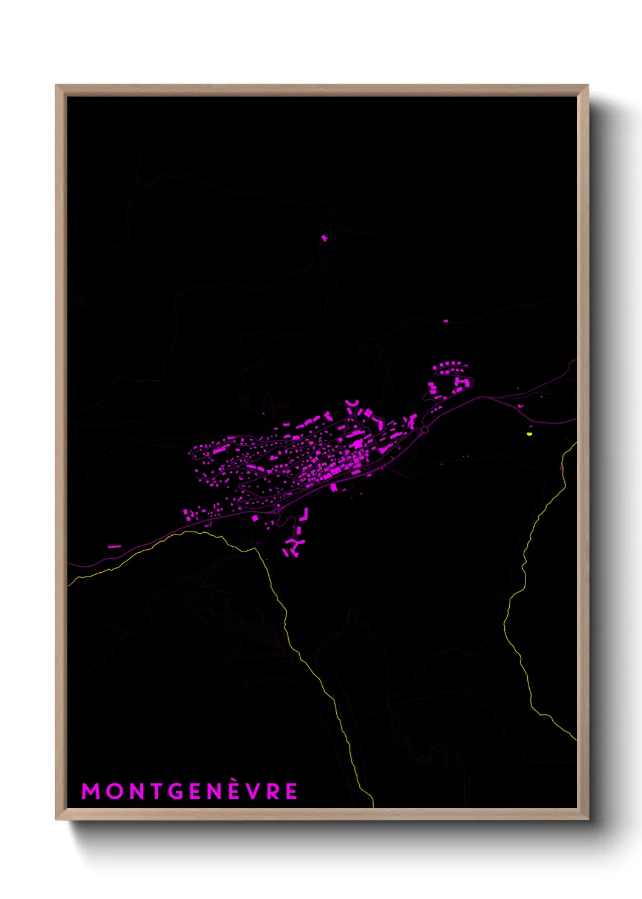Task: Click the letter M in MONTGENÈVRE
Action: pyautogui.click(x=90, y=791)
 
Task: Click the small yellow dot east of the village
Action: pyautogui.click(x=530, y=434)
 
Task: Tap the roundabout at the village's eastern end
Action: pyautogui.click(x=425, y=429)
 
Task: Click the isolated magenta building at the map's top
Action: pyautogui.click(x=324, y=238)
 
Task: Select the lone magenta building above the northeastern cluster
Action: pyautogui.click(x=445, y=321)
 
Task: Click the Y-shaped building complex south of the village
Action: pyautogui.click(x=294, y=545)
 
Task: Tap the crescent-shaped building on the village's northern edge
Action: pyautogui.click(x=351, y=404)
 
